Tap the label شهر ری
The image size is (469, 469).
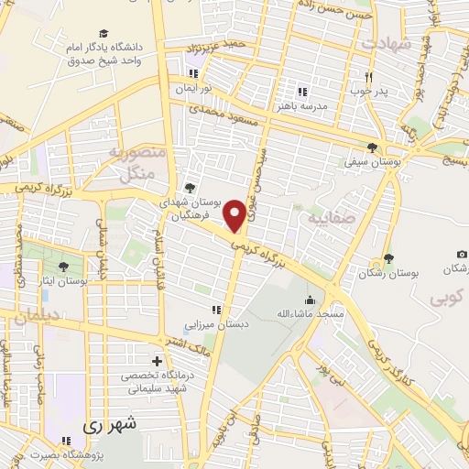coord(109,424)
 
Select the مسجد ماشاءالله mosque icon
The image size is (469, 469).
coord(311,300)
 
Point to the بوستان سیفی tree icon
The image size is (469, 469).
coord(372,147)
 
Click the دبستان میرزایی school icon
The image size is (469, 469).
coord(217,311)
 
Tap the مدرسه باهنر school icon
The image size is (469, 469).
coord(302,92)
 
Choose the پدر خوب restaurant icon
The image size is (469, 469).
coord(368,78)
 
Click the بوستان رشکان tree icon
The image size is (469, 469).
coord(389,258)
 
